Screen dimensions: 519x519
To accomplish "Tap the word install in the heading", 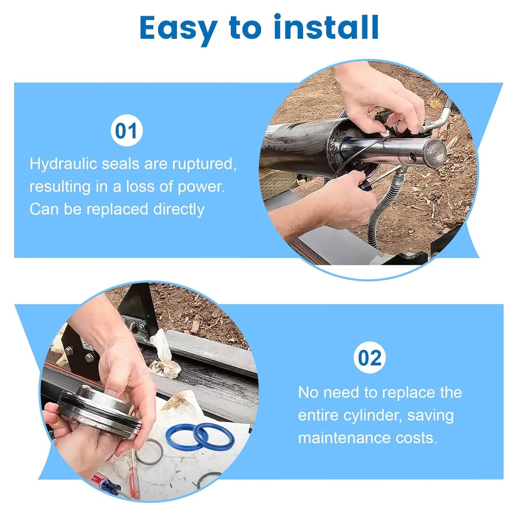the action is (x=326, y=27).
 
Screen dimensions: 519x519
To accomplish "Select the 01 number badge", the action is (x=126, y=131).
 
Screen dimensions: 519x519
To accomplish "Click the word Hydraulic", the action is (x=63, y=164).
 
